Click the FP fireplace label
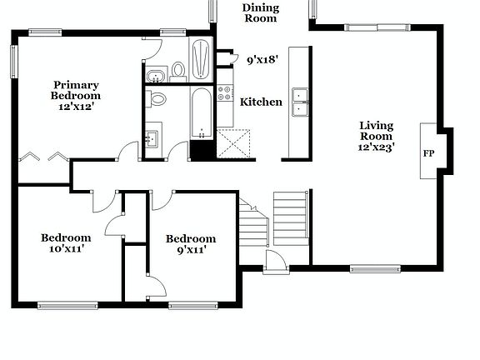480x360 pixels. pyautogui.click(x=428, y=153)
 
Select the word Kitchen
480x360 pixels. pyautogui.click(x=261, y=102)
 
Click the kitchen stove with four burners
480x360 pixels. pyautogui.click(x=225, y=94)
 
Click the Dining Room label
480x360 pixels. pyautogui.click(x=261, y=12)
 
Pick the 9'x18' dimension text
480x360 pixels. pyautogui.click(x=262, y=59)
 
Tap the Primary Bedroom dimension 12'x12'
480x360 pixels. pyautogui.click(x=76, y=107)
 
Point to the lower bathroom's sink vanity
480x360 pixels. pyautogui.click(x=152, y=137)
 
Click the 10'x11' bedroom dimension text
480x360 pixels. pyautogui.click(x=66, y=248)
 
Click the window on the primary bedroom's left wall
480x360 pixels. pyautogui.click(x=14, y=61)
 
